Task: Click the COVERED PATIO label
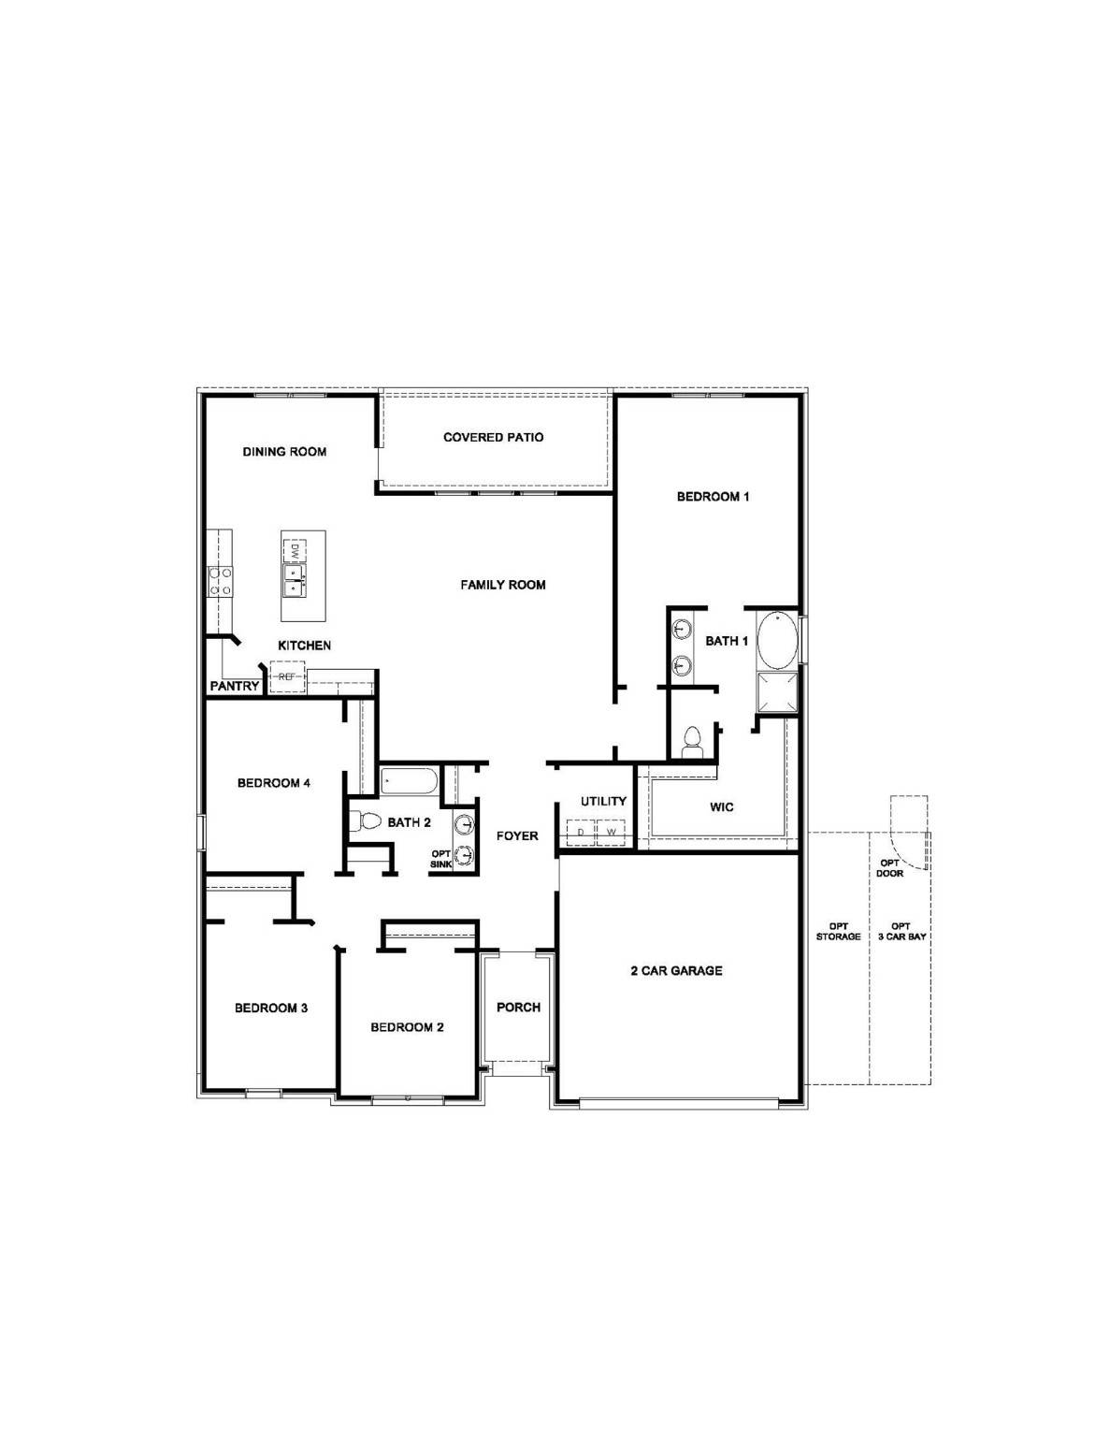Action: (x=493, y=437)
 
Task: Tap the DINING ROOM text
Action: (x=284, y=452)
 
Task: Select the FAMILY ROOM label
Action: (x=503, y=585)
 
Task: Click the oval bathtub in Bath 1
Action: (x=777, y=642)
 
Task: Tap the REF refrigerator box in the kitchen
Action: (x=287, y=677)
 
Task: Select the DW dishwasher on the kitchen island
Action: (x=295, y=550)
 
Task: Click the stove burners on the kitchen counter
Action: (x=221, y=581)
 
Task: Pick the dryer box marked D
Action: (x=581, y=832)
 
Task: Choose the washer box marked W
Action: (x=612, y=832)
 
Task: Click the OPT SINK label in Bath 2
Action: (x=440, y=859)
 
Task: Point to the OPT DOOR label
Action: (x=889, y=868)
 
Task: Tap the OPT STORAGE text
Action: (x=839, y=932)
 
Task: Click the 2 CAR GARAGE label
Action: (x=677, y=971)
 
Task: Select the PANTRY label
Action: (x=235, y=686)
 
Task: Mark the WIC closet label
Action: (x=722, y=807)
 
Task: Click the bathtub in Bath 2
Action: (x=409, y=782)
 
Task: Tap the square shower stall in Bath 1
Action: (x=777, y=691)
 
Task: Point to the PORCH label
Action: (x=519, y=1008)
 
